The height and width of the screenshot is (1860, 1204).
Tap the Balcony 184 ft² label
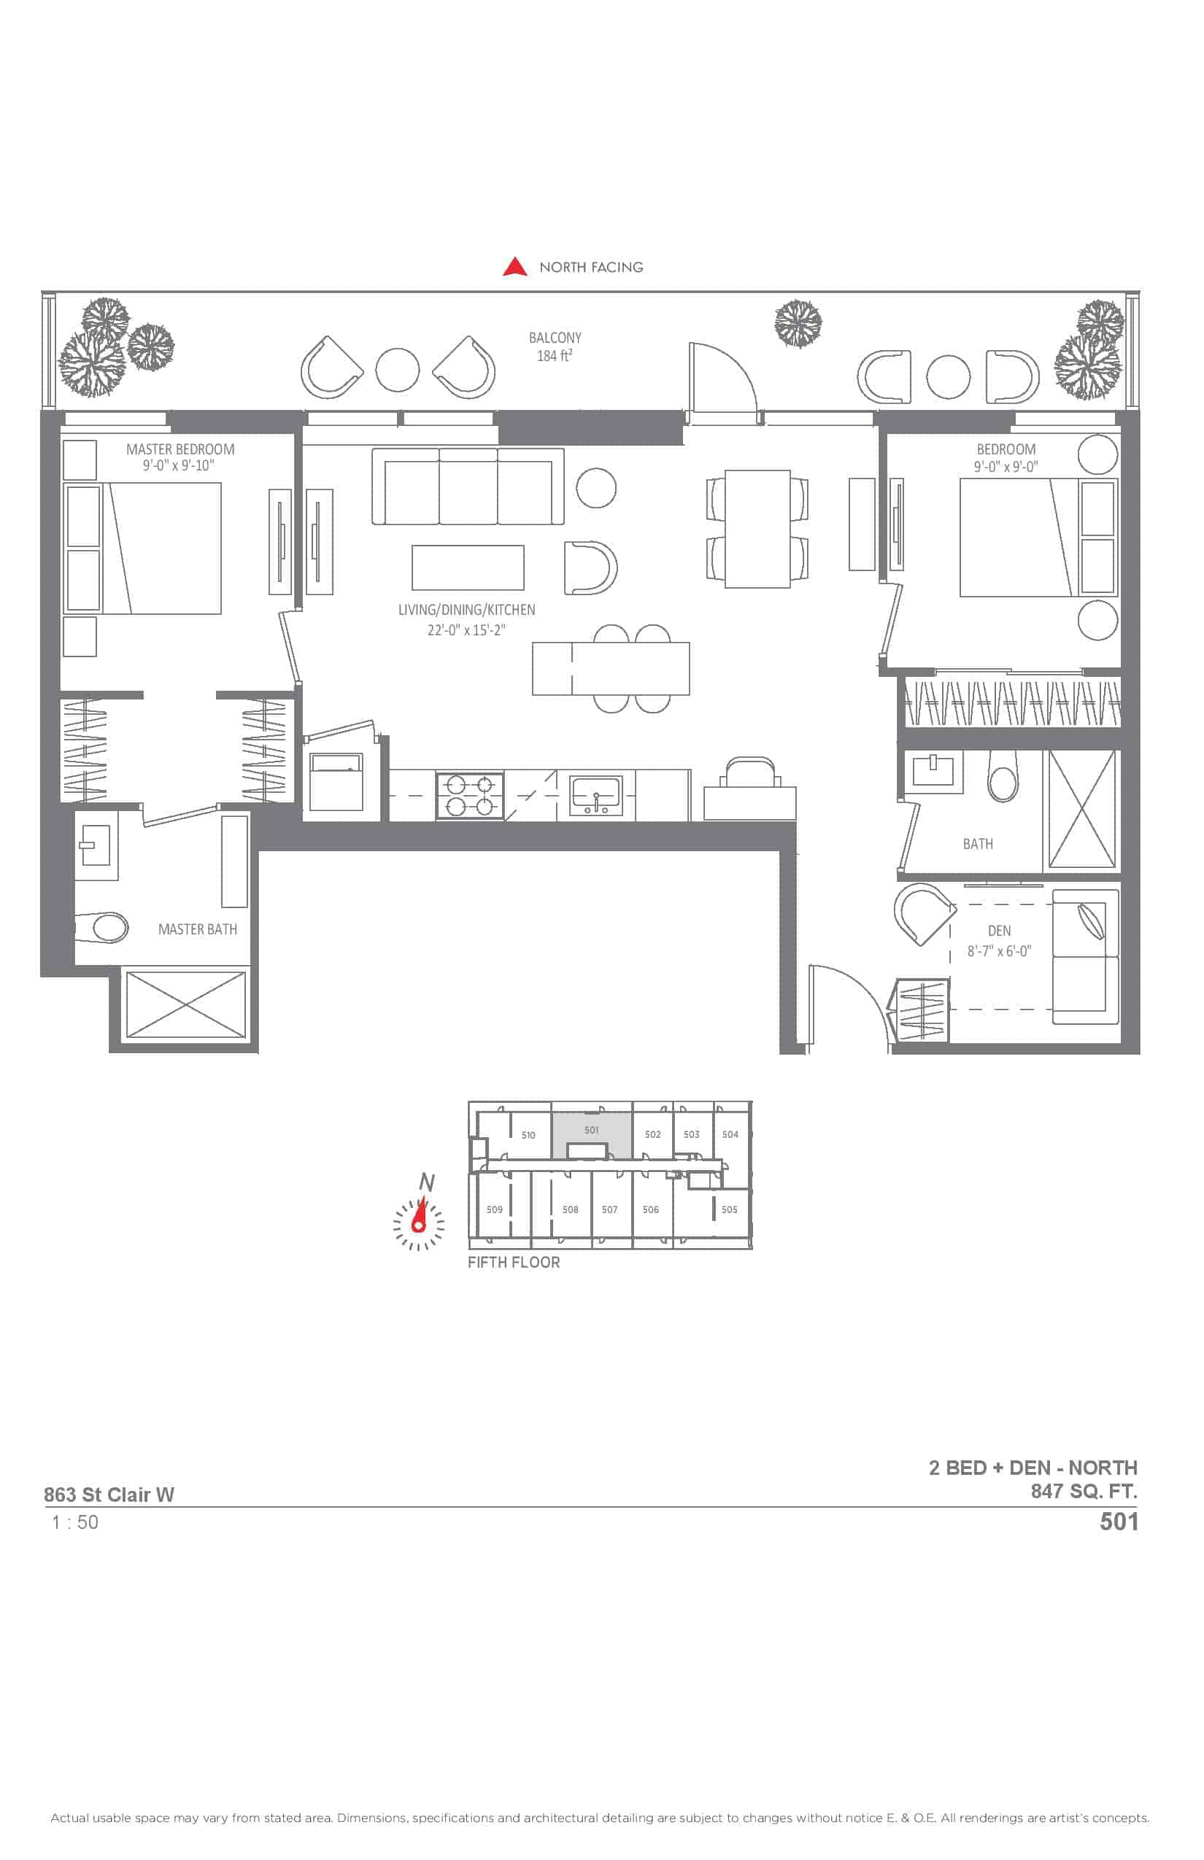[555, 347]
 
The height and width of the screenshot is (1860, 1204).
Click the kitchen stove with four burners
[470, 796]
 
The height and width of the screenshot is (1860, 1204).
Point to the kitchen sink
[595, 796]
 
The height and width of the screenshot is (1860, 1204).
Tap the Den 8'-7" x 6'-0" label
[999, 941]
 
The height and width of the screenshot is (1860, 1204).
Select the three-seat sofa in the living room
[468, 486]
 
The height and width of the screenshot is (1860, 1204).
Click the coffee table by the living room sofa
[468, 567]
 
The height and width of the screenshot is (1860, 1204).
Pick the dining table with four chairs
[757, 528]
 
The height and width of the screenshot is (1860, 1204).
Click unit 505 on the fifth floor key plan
[730, 1209]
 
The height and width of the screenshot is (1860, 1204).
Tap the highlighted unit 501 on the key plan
[592, 1130]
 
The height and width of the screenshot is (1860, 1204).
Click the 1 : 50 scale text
[75, 1522]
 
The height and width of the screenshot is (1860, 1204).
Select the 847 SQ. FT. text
[1084, 1491]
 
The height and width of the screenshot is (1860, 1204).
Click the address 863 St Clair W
[109, 1495]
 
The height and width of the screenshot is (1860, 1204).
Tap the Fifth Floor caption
[514, 1262]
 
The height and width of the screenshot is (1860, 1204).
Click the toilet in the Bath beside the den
[1003, 777]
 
